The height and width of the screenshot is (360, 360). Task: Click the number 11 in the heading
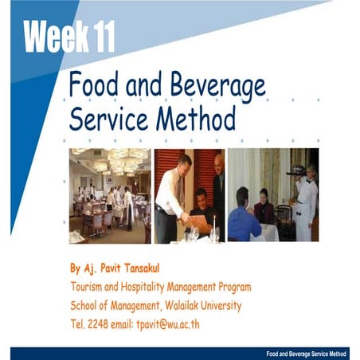pyautogui.click(x=100, y=36)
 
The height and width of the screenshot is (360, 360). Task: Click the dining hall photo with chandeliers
pyautogui.click(x=110, y=196)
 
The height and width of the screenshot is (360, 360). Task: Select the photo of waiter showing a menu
pyautogui.click(x=189, y=196)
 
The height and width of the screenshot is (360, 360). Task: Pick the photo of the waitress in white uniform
pyautogui.click(x=273, y=196)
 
